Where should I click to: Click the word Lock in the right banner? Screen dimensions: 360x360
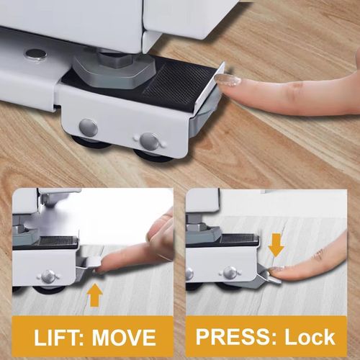[309, 336]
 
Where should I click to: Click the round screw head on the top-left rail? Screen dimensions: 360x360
[33, 53]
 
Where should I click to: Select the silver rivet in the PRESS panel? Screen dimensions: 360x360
[230, 272]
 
